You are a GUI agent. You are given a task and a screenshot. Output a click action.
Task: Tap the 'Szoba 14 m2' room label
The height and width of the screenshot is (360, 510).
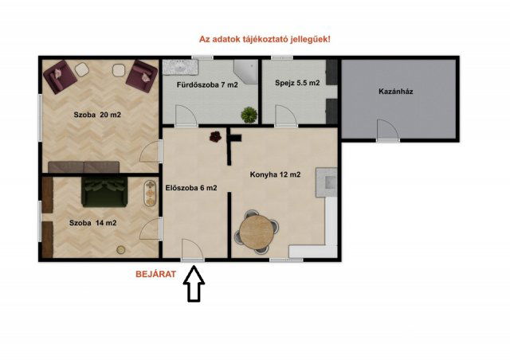(92, 223)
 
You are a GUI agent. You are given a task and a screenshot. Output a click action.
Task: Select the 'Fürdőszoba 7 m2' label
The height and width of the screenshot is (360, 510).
(207, 84)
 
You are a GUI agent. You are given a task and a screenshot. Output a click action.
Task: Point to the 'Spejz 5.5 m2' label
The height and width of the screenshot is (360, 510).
(297, 83)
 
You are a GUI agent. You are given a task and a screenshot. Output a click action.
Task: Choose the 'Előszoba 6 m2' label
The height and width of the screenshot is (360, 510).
(191, 188)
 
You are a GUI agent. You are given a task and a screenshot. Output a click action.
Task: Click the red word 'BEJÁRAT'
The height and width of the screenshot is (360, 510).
(155, 273)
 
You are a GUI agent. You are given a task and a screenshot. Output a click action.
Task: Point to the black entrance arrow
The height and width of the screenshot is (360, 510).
(194, 287)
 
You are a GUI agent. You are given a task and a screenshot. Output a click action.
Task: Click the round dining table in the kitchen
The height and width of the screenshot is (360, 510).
(260, 233)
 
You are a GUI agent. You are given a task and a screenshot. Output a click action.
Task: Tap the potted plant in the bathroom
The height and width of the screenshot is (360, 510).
(250, 115)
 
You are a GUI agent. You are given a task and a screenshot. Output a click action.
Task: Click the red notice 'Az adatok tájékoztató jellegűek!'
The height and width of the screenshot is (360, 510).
(264, 38)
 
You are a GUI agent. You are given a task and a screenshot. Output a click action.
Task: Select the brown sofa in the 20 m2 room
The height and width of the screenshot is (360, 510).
(84, 167)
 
